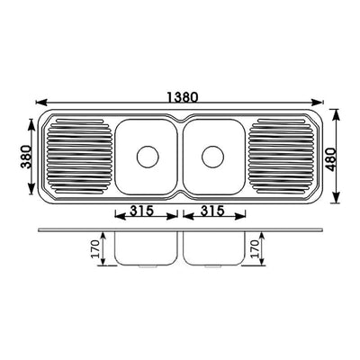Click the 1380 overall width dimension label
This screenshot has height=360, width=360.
(183, 97)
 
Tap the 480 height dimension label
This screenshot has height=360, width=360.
(332, 159)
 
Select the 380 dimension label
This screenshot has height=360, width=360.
(26, 157)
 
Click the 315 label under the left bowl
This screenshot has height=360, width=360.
(142, 211)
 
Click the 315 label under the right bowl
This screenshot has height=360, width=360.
(212, 211)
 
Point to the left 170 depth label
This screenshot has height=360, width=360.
(95, 249)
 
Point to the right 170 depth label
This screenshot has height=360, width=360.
(255, 249)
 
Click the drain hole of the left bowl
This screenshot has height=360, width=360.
(148, 157)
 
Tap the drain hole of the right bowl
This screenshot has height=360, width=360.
(212, 157)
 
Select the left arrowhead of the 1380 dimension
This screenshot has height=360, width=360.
(41, 103)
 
